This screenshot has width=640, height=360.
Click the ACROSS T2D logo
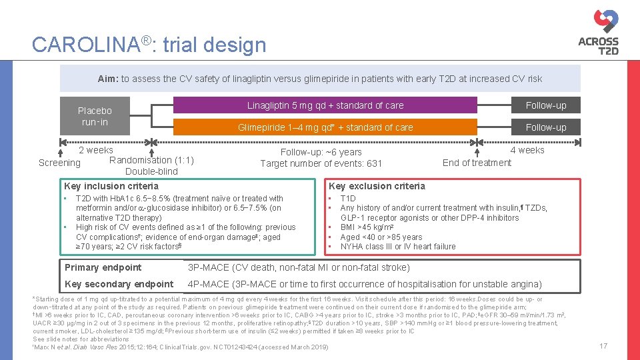click(598, 31)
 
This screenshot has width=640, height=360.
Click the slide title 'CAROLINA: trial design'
click(149, 45)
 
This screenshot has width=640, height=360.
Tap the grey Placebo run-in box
click(95, 116)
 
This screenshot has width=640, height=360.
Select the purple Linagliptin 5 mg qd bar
click(325, 105)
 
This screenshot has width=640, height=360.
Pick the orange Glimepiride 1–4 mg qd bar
click(325, 127)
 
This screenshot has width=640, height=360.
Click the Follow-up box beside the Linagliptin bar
click(545, 105)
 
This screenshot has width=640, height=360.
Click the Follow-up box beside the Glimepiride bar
click(545, 127)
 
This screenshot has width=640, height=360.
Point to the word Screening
click(59, 163)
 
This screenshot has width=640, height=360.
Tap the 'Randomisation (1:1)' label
click(151, 160)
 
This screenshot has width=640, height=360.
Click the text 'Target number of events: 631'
click(321, 164)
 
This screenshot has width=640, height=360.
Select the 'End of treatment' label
click(477, 163)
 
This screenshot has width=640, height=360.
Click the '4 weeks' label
click(527, 150)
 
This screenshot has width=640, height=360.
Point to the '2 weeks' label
click(96, 150)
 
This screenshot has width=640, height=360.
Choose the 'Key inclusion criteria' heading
click(111, 186)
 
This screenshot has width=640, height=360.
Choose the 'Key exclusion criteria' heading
click(376, 186)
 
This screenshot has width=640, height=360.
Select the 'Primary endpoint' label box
click(103, 267)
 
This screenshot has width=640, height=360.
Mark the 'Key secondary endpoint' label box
click(119, 284)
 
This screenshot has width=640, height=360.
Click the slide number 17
click(603, 346)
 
